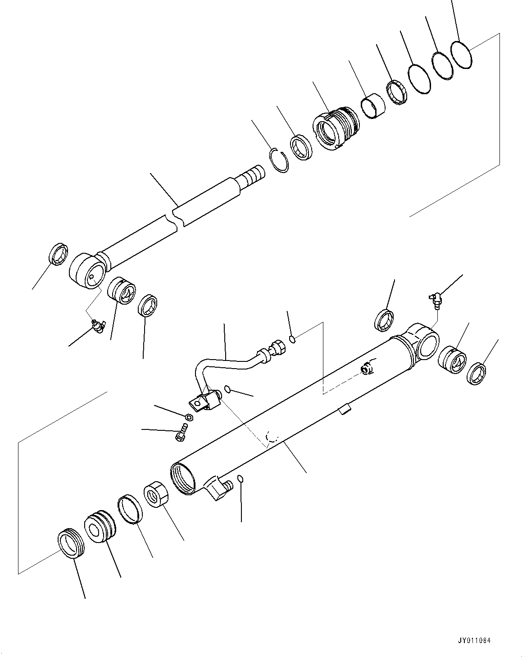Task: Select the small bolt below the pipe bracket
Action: click(181, 433)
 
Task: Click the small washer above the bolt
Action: click(189, 416)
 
